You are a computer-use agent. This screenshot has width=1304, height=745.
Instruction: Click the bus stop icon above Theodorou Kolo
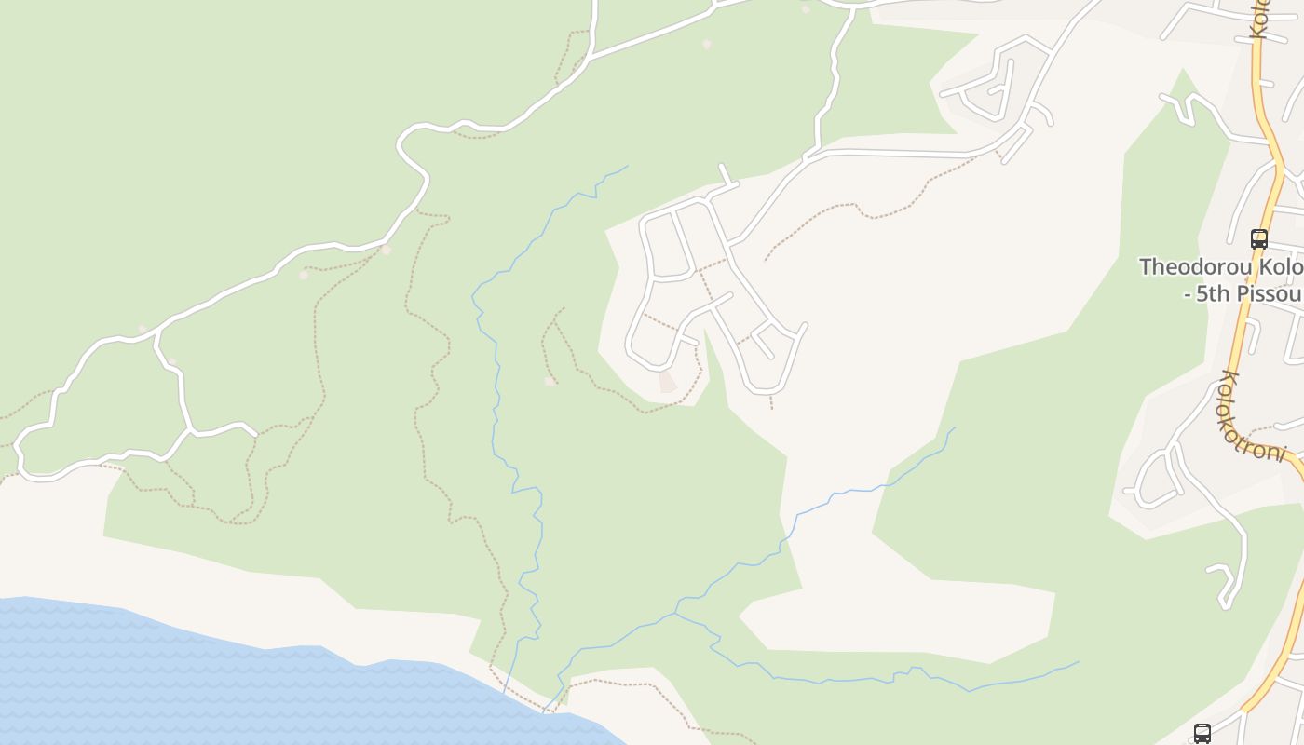(x=1258, y=238)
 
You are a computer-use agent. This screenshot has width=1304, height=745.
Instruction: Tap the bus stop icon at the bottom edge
(x=1202, y=733)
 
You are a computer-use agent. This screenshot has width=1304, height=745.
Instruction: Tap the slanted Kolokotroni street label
(x=1252, y=415)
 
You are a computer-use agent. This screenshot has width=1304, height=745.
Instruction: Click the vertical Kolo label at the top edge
(x=1261, y=19)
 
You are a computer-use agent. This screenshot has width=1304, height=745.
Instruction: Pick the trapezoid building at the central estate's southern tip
(x=667, y=381)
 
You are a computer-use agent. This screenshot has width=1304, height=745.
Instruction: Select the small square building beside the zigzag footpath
(x=550, y=380)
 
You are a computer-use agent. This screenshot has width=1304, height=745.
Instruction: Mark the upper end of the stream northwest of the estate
(x=627, y=167)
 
